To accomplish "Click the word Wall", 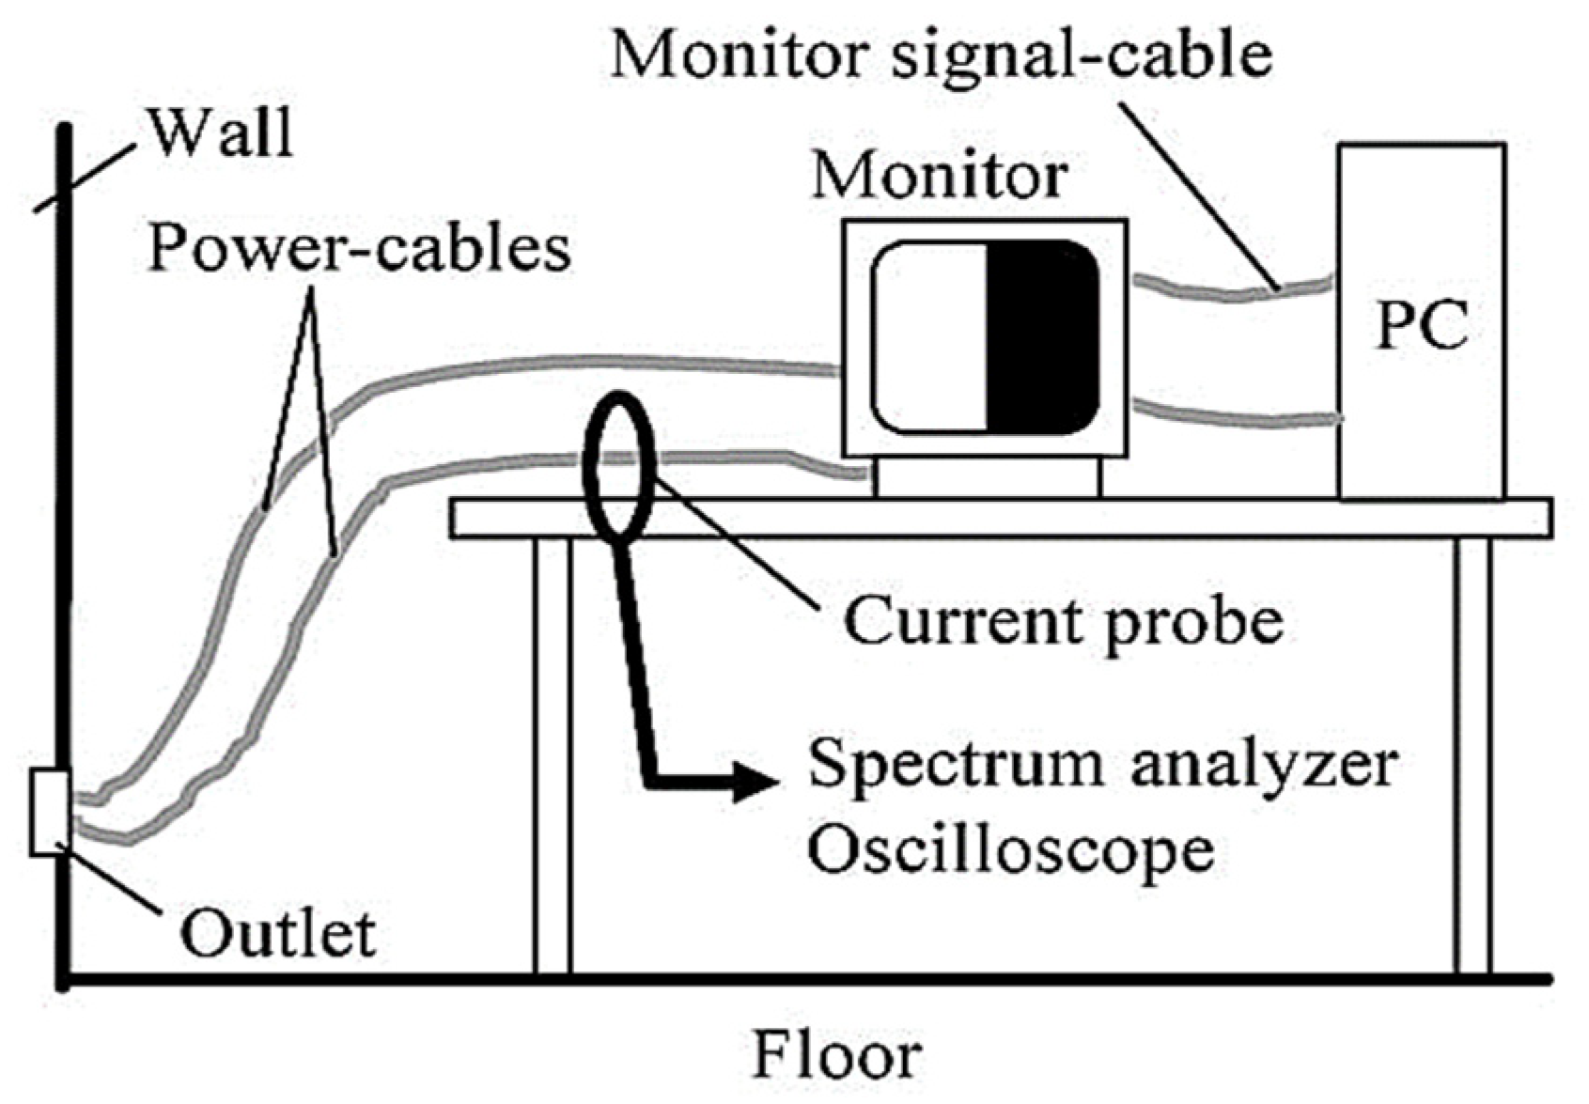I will tap(222, 132).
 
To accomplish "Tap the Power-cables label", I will tap(360, 249).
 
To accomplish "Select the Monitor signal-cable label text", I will tap(941, 54).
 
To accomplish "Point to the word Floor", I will tap(836, 1055).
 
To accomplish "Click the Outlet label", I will tap(279, 934).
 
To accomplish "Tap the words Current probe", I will tap(1063, 621).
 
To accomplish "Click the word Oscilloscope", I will tap(1011, 848).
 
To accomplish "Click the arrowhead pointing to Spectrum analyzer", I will tap(756, 781).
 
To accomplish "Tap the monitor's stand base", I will tap(986, 477).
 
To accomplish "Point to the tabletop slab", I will tap(1000, 519).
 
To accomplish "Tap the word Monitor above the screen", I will tap(940, 175).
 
